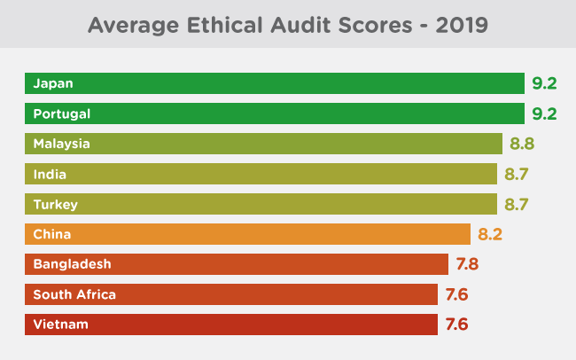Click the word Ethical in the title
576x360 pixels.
[224, 25]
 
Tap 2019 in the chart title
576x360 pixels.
[462, 25]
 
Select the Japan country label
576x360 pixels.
[53, 84]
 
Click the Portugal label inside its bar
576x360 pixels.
[62, 114]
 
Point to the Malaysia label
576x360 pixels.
[62, 144]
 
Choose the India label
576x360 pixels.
[50, 174]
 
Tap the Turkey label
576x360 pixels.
[56, 205]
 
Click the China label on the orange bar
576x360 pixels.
[51, 234]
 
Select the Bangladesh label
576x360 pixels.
[72, 264]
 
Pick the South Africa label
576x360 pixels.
[74, 294]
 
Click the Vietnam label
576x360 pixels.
[60, 325]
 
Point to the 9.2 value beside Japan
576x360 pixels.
[544, 83]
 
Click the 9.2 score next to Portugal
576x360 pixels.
[544, 114]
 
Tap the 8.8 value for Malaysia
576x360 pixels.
[522, 144]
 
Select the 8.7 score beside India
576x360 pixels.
[517, 174]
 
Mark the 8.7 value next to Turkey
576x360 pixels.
[517, 204]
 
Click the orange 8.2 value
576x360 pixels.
[490, 234]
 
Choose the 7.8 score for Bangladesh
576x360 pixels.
[467, 264]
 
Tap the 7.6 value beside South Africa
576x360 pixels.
[456, 294]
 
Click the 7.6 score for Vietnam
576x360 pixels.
[456, 325]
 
